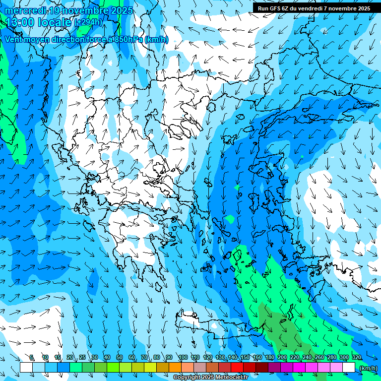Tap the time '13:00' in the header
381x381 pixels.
tap(20, 22)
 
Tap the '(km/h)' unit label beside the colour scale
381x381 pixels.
tap(368, 368)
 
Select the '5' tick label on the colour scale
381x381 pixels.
tap(32, 357)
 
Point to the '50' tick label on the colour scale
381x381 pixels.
tap(120, 357)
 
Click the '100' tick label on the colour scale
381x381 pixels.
tap(183, 357)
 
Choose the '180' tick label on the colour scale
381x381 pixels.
tap(269, 357)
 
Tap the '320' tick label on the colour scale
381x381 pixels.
tap(357, 357)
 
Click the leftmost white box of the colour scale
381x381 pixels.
tap(26, 367)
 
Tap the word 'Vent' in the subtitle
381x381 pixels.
tap(14, 40)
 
